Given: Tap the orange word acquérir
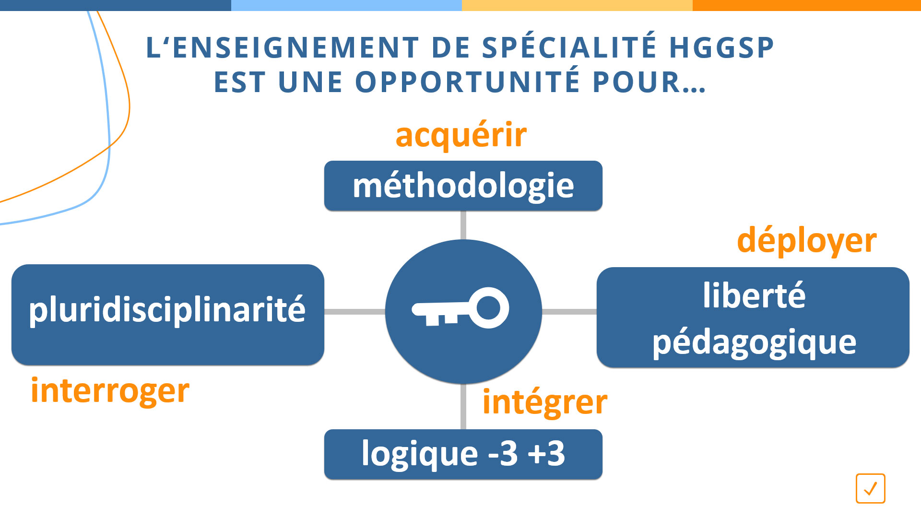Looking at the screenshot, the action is coord(461,135).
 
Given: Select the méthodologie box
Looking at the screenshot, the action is coord(463,186).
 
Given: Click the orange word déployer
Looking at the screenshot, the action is coord(807,241).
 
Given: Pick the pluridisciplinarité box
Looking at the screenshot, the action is coord(168,315).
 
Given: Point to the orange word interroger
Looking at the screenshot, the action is coord(110,391).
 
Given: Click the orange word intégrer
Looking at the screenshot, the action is coord(545,402).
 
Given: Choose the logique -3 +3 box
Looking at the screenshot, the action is coord(463,454).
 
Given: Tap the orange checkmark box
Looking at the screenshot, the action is coord(871,488).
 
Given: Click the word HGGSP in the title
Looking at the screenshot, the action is coord(722,48).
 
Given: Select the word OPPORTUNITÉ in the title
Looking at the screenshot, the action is coord(468,82).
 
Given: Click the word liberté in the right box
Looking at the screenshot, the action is coord(754,295).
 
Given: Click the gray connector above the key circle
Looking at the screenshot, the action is coord(463,225).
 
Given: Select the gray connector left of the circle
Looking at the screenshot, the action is coord(355,312).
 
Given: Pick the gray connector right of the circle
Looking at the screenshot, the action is coord(569,312).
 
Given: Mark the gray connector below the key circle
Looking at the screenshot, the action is coord(463,407).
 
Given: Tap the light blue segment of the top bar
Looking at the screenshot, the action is coord(346,5).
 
